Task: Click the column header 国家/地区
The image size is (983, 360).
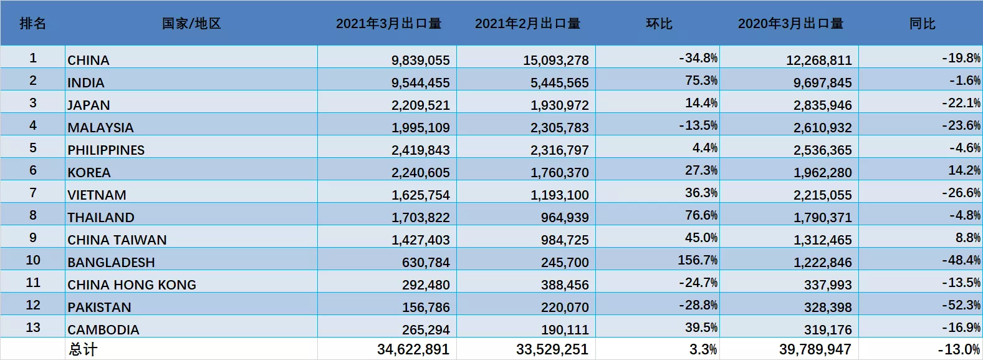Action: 191,24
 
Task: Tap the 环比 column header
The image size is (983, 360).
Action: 659,24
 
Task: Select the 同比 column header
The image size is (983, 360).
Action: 922,24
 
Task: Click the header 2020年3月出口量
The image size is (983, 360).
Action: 790,24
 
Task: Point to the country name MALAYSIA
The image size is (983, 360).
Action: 100,128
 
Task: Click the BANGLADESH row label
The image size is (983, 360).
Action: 111,263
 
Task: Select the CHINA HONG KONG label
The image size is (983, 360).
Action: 132,285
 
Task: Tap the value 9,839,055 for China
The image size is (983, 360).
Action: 420,61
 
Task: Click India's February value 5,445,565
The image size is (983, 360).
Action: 559,83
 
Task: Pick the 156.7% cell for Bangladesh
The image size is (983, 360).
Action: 698,260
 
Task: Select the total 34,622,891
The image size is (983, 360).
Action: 413,349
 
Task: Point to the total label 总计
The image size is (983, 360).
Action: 82,349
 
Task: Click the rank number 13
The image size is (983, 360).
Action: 33,328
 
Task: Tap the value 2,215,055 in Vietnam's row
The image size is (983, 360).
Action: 822,195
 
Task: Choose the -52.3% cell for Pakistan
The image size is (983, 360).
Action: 961,305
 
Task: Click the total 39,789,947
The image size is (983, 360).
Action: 815,349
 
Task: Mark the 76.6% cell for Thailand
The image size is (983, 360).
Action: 701,215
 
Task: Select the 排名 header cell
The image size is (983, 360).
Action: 33,24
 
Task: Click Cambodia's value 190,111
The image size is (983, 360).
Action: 565,330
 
